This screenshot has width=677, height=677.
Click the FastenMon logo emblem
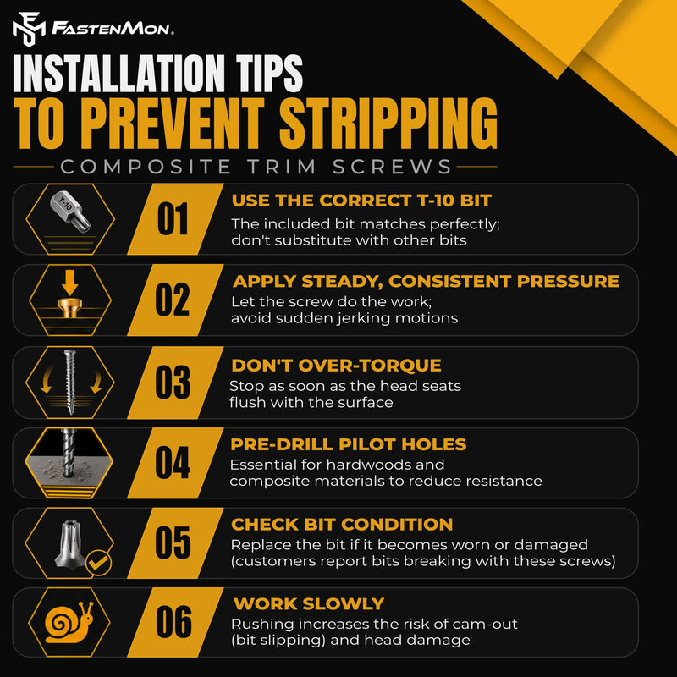(x=29, y=29)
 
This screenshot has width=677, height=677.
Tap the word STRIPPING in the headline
(x=388, y=123)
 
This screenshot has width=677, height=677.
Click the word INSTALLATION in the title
(x=119, y=74)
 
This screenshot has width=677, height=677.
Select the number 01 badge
(x=173, y=219)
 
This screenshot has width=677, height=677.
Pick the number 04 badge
(x=173, y=462)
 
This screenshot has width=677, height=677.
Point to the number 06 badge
(x=173, y=622)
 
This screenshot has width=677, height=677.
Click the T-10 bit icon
(x=70, y=212)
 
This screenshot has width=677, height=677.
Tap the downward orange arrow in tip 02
(x=69, y=283)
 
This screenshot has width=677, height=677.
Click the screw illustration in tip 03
(x=69, y=382)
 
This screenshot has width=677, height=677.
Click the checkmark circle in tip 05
(x=98, y=563)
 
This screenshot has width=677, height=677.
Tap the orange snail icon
(x=69, y=622)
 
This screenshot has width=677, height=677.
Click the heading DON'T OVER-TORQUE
(x=336, y=366)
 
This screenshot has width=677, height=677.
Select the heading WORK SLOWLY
(x=309, y=603)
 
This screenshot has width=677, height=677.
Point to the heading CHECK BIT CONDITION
(x=342, y=524)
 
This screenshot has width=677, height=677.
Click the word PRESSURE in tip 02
(x=568, y=281)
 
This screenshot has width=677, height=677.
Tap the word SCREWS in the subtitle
(x=392, y=167)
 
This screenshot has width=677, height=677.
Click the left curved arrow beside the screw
(x=47, y=379)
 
